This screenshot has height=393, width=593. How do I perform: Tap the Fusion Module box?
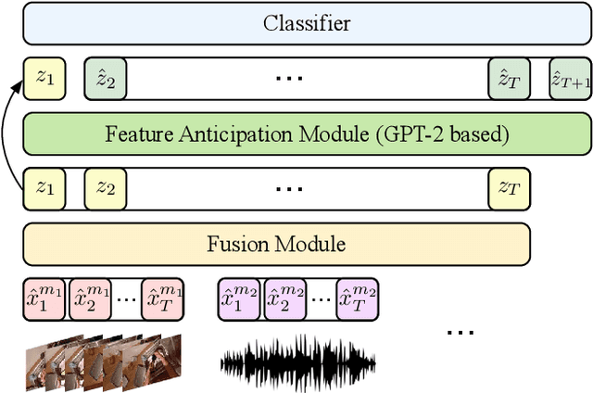coord(276,245)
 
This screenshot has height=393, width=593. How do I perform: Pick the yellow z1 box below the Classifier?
coord(44,79)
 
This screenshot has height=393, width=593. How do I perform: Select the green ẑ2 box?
coord(105,79)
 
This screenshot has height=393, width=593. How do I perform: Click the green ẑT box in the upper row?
coord(509,79)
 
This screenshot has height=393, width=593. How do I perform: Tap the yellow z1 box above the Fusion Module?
coord(44,188)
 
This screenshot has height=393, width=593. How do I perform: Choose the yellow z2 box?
coord(105,188)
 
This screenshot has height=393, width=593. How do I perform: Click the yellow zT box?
coord(509,188)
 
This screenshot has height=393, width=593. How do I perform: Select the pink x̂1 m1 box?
coord(44,299)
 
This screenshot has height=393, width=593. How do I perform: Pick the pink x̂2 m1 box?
coord(90,299)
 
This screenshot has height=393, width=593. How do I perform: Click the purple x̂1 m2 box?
coord(240,299)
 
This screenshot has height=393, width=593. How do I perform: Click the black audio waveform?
coord(297,360)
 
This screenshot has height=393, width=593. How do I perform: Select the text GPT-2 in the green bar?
coord(403,133)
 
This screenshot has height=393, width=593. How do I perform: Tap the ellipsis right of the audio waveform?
coord(461,332)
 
